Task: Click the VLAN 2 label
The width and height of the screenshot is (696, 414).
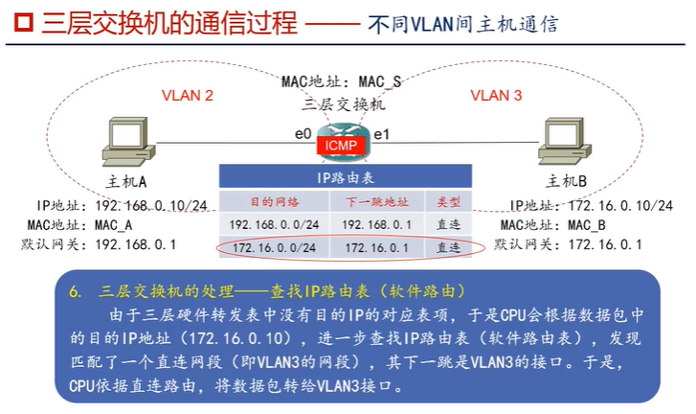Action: tap(187, 95)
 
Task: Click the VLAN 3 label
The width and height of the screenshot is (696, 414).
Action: tap(496, 95)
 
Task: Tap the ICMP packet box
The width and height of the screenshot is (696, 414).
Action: tap(343, 145)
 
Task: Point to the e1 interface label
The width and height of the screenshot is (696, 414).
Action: tap(381, 134)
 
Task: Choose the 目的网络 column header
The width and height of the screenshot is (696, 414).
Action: tap(275, 202)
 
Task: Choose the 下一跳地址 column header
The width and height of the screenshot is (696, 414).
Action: tap(375, 202)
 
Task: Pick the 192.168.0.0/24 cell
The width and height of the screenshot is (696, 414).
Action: tap(275, 224)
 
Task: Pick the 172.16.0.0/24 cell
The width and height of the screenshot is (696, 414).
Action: tap(275, 247)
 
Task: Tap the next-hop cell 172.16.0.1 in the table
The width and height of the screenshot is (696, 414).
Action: tap(375, 247)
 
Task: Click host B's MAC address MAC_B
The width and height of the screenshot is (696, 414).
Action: tap(587, 225)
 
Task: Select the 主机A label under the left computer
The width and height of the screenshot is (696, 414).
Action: tap(125, 182)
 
